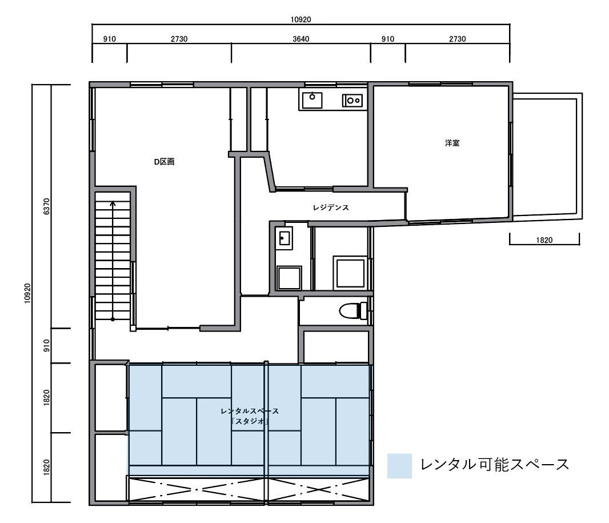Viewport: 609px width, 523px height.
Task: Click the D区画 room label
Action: pyautogui.click(x=164, y=162)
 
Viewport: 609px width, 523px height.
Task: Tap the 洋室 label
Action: pyautogui.click(x=452, y=143)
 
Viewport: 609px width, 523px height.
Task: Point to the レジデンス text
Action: pyautogui.click(x=331, y=208)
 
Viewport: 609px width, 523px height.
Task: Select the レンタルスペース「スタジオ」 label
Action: pyautogui.click(x=250, y=416)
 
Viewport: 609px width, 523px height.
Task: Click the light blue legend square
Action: pyautogui.click(x=399, y=465)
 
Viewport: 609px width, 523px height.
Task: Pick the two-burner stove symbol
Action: pyautogui.click(x=352, y=101)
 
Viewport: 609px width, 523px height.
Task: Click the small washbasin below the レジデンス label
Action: pyautogui.click(x=284, y=238)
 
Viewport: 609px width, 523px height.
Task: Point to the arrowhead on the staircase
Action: pyautogui.click(x=113, y=203)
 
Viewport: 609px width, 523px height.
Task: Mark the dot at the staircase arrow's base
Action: pyautogui.click(x=113, y=319)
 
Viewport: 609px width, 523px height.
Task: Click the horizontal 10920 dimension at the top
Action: pyautogui.click(x=301, y=19)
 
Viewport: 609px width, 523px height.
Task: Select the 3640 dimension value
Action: pyautogui.click(x=301, y=39)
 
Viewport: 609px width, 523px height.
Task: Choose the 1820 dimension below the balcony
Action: pyautogui.click(x=544, y=241)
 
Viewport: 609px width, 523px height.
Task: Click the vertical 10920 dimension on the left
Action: pyautogui.click(x=27, y=293)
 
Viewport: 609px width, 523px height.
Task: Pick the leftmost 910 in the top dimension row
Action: pyautogui.click(x=110, y=39)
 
